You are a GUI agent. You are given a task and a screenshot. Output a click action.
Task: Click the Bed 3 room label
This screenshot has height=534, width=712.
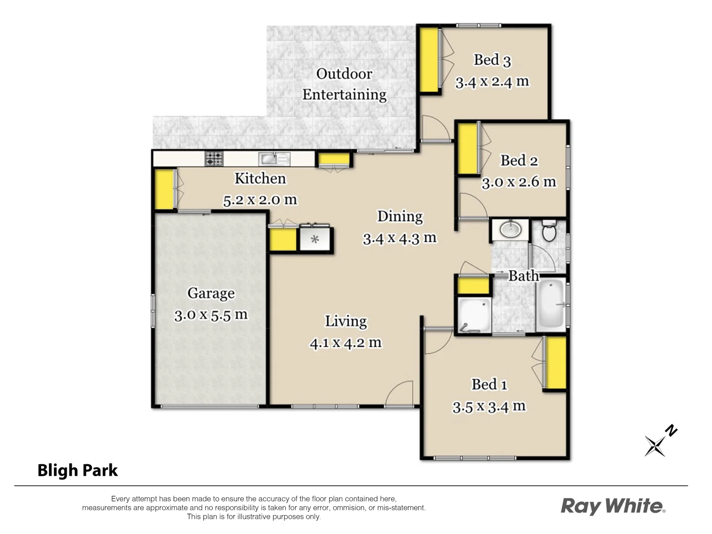point(492,60)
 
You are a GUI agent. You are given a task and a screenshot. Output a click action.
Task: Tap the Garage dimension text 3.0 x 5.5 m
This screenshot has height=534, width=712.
point(211,314)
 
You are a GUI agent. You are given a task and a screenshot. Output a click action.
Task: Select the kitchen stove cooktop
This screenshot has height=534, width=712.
point(214,159)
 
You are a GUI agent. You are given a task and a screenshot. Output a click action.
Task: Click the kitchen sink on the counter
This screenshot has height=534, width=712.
point(269,159)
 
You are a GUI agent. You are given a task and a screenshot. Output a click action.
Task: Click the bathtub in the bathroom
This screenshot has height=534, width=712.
point(551,305)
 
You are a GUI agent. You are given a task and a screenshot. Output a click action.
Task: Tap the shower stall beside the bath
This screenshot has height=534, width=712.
point(473,315)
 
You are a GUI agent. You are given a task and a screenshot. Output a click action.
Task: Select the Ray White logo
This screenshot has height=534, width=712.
point(613,506)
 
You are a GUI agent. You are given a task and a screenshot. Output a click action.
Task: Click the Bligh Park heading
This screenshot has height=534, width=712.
point(78,470)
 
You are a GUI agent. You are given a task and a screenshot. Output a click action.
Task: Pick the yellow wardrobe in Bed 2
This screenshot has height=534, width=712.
point(467,149)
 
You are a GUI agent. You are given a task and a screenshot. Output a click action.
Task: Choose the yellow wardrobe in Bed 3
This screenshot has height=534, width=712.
point(429,60)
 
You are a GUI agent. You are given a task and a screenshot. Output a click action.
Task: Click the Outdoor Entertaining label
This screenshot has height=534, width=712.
point(344,84)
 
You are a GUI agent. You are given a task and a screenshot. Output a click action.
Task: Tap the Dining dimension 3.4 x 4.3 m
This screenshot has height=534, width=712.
point(400,238)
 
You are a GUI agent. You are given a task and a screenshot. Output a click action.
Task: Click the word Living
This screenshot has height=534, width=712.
point(346,321)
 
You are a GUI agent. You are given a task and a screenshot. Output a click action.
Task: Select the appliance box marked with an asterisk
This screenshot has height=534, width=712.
point(315,240)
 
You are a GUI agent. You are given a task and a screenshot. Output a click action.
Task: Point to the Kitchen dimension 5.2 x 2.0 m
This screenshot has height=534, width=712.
point(260,200)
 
